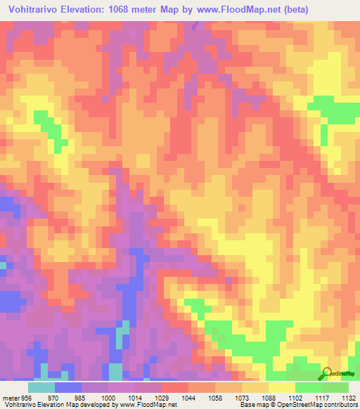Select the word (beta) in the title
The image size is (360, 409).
(x=333, y=10)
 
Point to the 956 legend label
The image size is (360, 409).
(x=26, y=397)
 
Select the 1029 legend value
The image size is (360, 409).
(x=161, y=397)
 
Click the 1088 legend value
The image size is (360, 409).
(x=268, y=397)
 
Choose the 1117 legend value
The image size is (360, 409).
(x=321, y=397)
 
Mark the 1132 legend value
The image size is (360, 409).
(x=347, y=397)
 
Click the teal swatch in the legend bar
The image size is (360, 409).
(x=41, y=387)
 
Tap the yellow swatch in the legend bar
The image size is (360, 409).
(x=281, y=387)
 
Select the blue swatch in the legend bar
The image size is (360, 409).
(x=68, y=387)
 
